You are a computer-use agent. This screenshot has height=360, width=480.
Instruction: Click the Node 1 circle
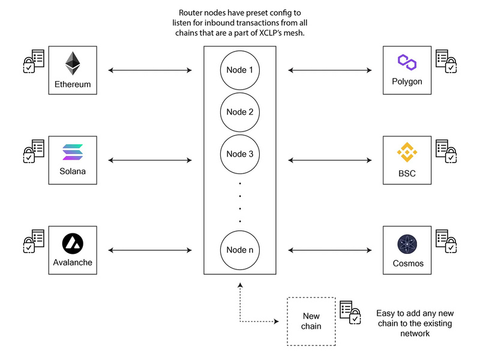(240, 70)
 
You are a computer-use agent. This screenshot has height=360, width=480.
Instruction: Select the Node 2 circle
(240, 112)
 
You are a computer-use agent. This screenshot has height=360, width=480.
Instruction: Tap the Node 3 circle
(240, 154)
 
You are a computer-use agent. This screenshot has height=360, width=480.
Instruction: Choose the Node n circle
(240, 250)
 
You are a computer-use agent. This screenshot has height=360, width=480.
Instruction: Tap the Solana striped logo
(73, 152)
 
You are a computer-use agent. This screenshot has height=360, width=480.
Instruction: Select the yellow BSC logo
(407, 152)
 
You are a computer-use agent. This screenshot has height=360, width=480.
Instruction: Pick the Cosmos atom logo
(407, 244)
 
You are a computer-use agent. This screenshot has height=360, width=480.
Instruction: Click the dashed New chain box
(311, 321)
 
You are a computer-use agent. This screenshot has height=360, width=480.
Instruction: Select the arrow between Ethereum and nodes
(150, 71)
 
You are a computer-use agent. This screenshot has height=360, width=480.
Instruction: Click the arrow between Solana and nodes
(150, 160)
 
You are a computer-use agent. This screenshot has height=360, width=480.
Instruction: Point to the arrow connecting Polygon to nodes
(330, 71)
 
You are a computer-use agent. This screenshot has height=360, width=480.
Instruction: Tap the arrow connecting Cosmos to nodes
(330, 250)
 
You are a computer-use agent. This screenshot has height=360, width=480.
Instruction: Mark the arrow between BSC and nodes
(330, 160)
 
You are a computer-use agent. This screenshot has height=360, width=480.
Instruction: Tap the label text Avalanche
(73, 263)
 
